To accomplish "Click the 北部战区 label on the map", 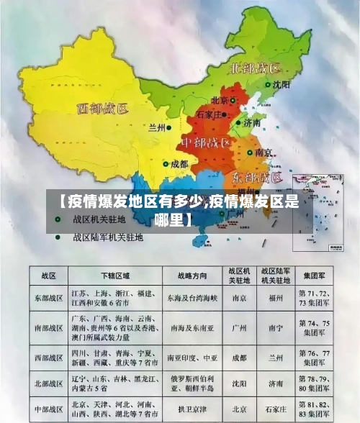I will [x=254, y=69].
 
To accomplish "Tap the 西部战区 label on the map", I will [x=102, y=110].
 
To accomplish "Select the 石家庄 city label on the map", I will [x=209, y=114].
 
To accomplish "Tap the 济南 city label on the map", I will [x=251, y=123].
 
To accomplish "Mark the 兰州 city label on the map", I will [x=156, y=127].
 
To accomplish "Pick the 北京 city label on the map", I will [x=220, y=101].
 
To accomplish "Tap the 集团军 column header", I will [x=317, y=276].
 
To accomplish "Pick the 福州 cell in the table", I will [x=275, y=297].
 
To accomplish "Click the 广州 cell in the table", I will [x=239, y=327].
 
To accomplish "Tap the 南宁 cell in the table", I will [x=275, y=327].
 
